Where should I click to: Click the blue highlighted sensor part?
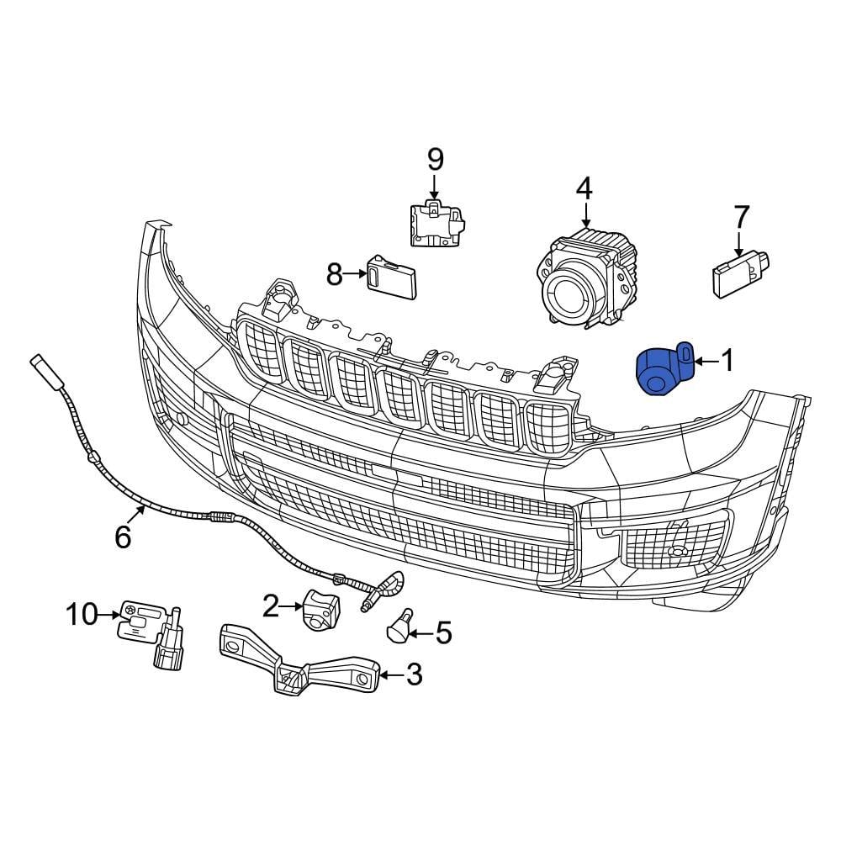662,371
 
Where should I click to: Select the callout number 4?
584,188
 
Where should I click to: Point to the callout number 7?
741,217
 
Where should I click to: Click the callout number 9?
435,158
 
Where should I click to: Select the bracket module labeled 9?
437,224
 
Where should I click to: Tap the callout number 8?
335,274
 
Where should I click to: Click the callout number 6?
123,537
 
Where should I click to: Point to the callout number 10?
82,615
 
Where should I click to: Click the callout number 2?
270,604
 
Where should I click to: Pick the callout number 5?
442,632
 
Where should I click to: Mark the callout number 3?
414,674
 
